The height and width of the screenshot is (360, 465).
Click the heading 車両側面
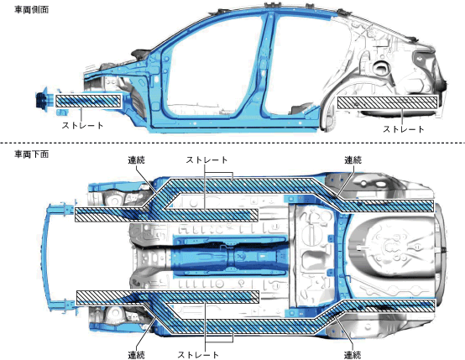[31, 10]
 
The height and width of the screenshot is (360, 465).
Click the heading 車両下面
[31, 154]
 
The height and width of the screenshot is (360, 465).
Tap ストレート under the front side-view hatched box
[83, 125]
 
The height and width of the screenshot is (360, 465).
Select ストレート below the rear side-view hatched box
[404, 129]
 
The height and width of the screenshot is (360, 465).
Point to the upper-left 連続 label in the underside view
[137, 160]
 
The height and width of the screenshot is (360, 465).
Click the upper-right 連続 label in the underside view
[353, 160]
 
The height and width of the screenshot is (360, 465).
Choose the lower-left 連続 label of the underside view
[137, 355]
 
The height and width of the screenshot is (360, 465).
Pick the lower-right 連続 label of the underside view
[353, 355]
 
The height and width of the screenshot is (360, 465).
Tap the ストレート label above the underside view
[206, 160]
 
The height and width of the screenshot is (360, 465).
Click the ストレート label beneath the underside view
[198, 355]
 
